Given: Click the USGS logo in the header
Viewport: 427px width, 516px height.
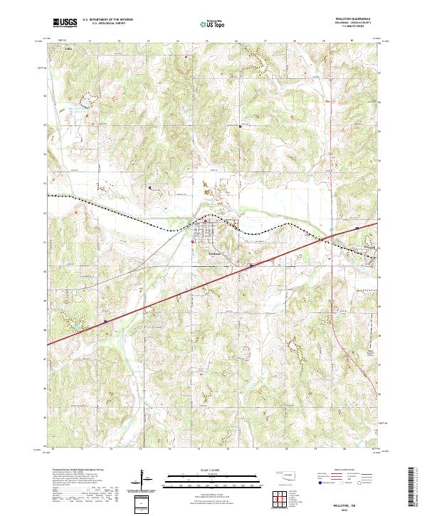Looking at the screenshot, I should [65, 23].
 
